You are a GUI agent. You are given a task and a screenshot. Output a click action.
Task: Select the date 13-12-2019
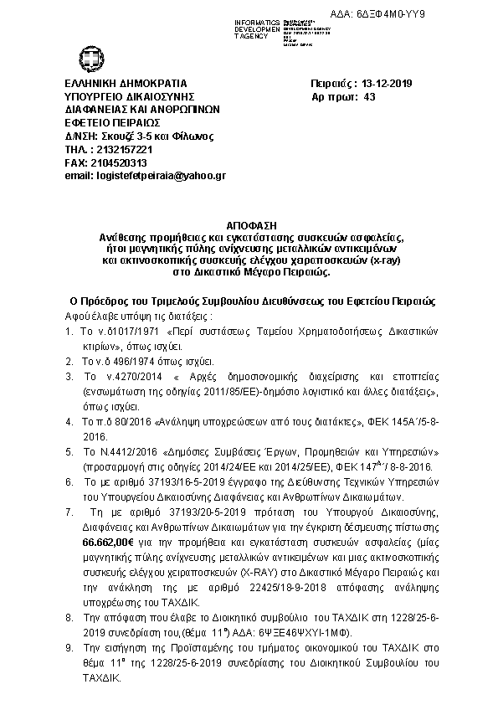[384, 83]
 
